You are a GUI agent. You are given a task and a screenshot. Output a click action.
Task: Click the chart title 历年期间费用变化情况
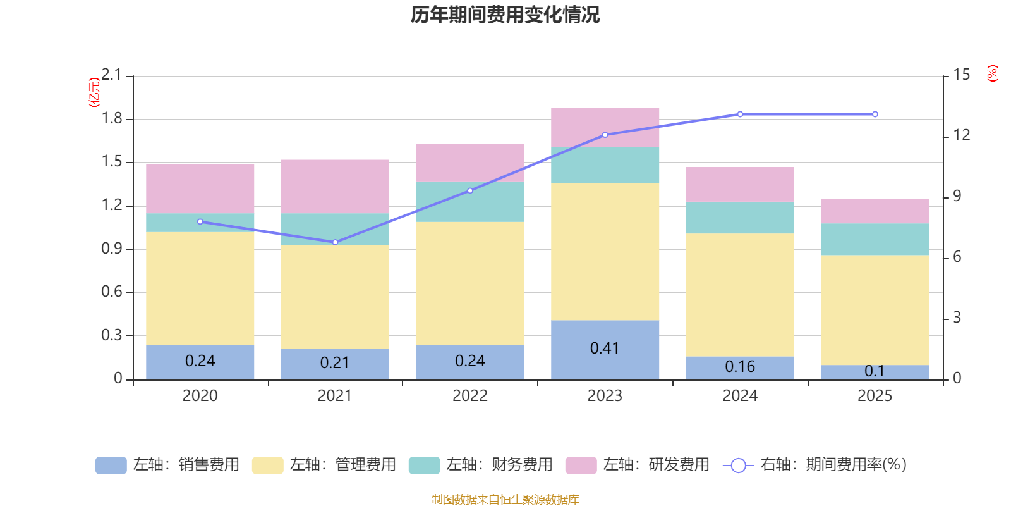[x=505, y=15]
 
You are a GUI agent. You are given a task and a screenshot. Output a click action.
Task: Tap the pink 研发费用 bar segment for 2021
[x=335, y=186]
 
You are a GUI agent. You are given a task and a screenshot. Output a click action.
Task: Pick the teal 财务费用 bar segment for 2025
[x=875, y=239]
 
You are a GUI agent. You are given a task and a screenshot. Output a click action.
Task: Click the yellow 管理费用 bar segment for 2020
[x=200, y=288]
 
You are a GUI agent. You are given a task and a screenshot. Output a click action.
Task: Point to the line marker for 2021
[x=335, y=242]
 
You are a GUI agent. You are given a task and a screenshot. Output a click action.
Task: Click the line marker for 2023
[x=605, y=135]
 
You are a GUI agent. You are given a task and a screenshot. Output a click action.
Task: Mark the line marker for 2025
[x=875, y=114]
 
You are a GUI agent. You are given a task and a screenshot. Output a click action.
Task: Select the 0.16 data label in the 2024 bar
[x=740, y=367]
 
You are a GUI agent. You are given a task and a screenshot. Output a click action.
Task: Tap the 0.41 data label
[x=605, y=349]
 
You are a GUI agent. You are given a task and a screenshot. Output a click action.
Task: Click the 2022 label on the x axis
[x=469, y=396]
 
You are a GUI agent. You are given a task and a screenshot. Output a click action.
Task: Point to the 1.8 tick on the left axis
[x=112, y=119]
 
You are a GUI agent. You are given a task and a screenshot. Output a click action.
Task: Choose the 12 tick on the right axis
[x=962, y=135]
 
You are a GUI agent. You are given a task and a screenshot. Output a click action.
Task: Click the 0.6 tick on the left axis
[x=112, y=292]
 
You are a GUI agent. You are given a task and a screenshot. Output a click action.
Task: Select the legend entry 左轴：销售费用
[x=167, y=465]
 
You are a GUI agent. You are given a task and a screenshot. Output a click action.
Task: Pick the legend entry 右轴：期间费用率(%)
[x=814, y=465]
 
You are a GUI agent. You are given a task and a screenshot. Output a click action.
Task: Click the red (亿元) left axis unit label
[x=94, y=92]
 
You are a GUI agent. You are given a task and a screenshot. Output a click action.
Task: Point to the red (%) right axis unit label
[x=992, y=73]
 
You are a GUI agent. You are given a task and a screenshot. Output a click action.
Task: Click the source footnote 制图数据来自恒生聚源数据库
[x=505, y=500]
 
